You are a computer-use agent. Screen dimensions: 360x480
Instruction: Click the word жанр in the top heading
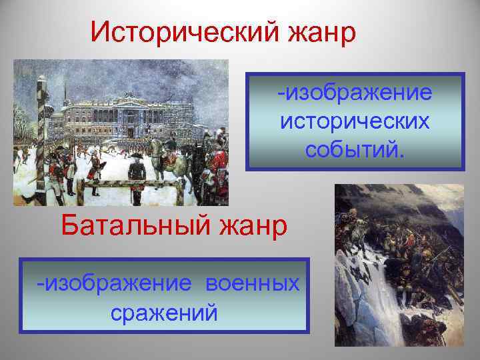(x=318, y=32)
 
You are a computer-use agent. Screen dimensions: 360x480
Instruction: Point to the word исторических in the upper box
(x=355, y=121)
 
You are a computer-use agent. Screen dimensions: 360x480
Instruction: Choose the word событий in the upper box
(x=352, y=149)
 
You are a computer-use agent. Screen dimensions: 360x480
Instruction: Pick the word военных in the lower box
(x=253, y=284)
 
